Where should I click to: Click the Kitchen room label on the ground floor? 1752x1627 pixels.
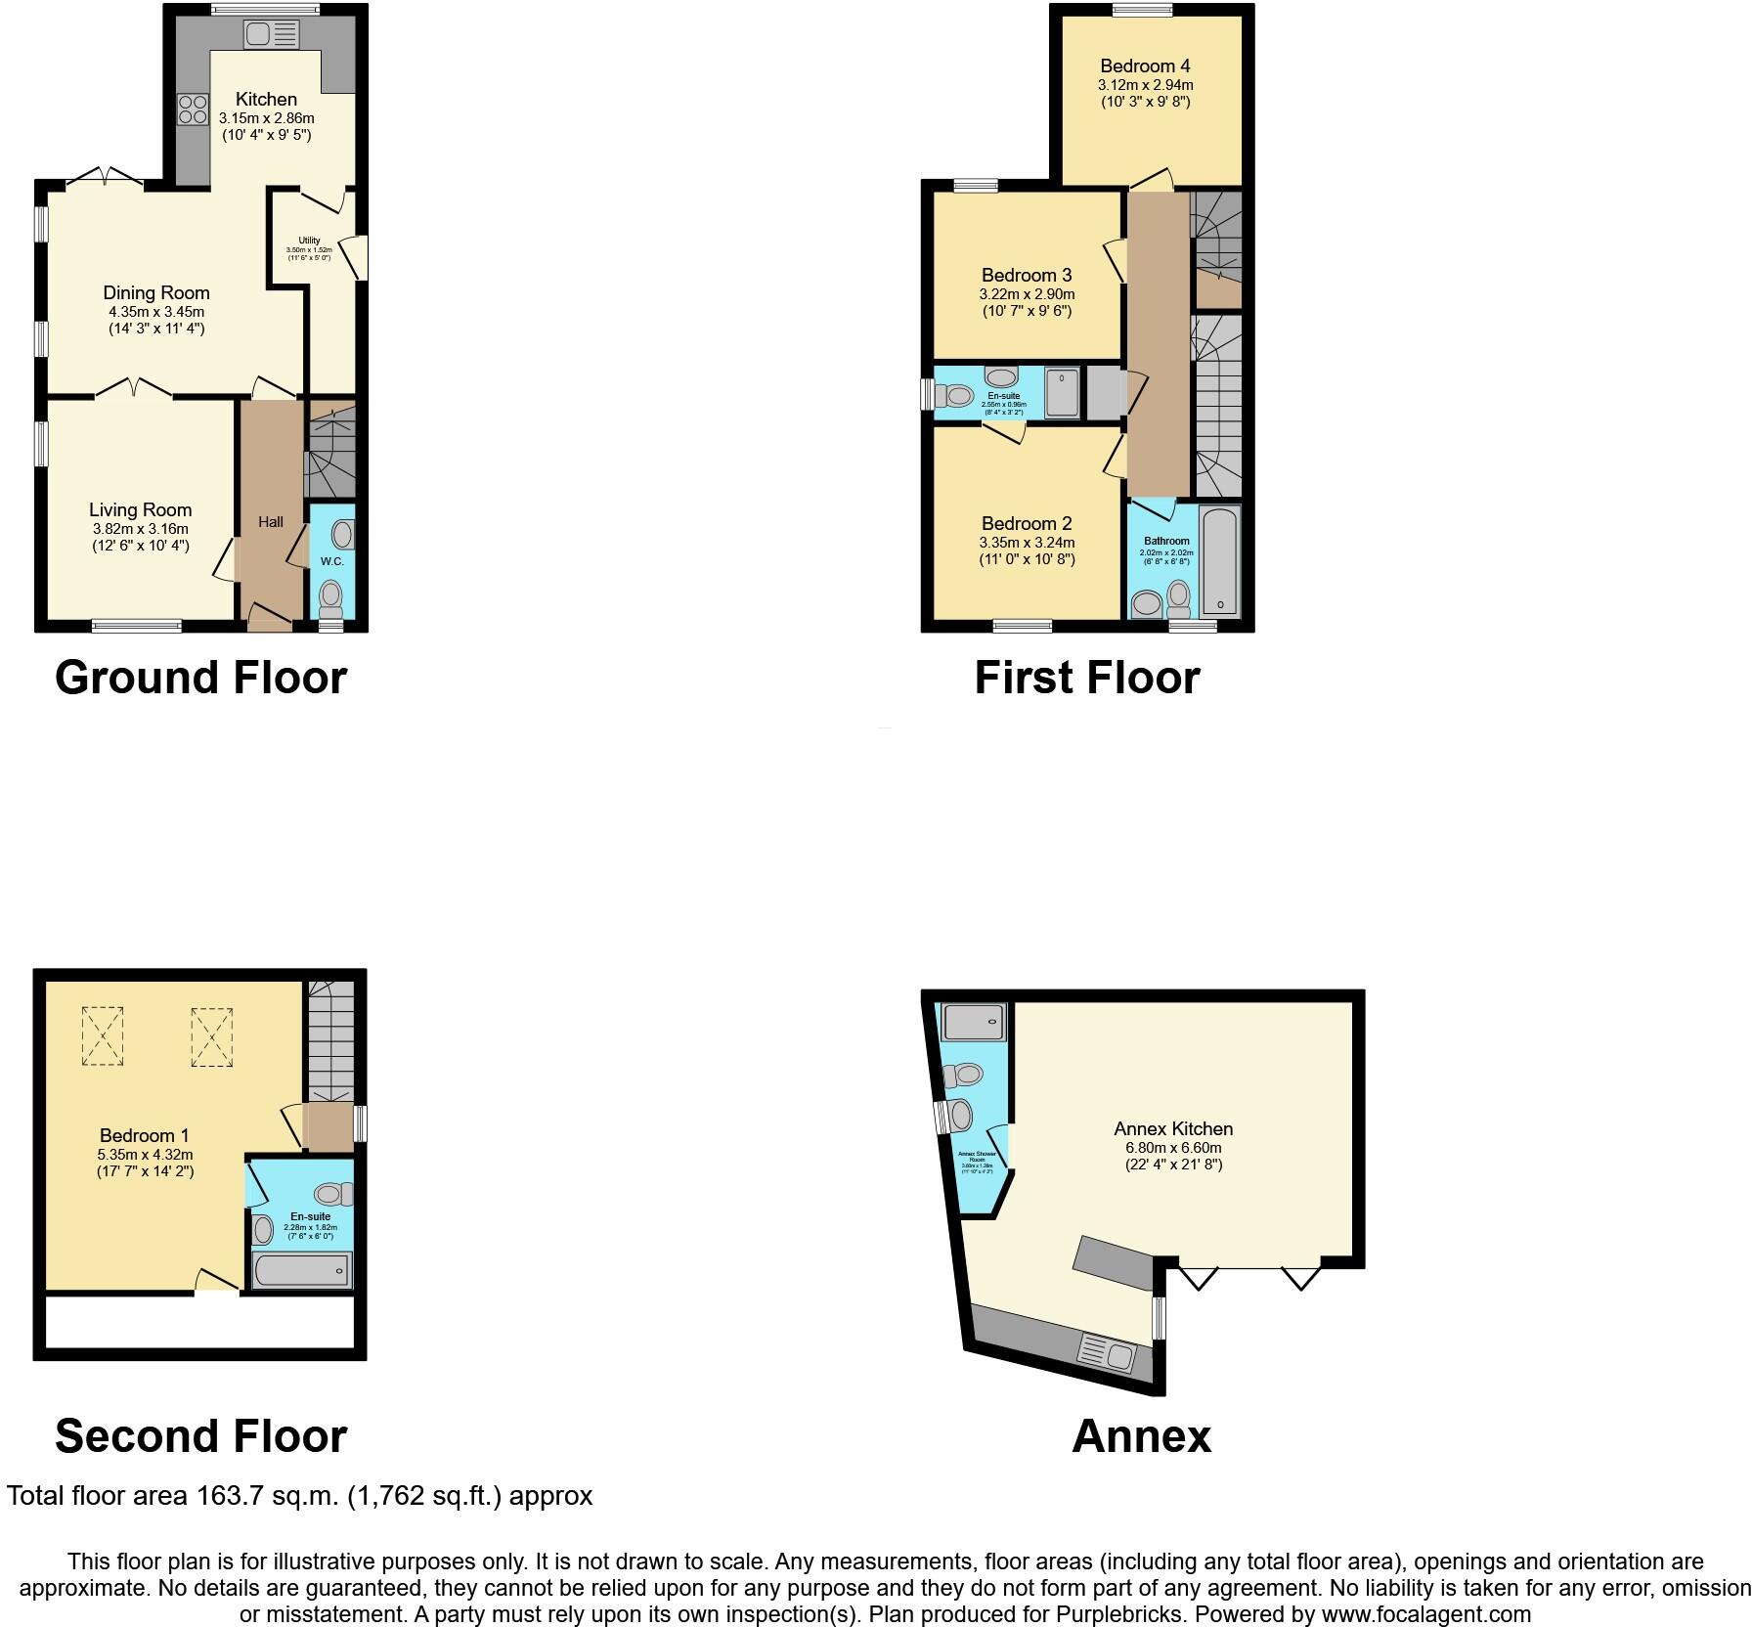click(x=266, y=99)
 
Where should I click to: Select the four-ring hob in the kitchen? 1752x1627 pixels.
click(x=193, y=109)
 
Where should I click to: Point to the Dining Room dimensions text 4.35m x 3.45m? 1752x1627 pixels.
click(x=156, y=311)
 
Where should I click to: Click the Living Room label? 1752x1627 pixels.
click(x=140, y=509)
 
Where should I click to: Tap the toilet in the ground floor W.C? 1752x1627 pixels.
click(x=331, y=595)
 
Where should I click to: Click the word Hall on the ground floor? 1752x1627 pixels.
click(x=271, y=521)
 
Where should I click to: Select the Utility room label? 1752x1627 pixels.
click(x=309, y=240)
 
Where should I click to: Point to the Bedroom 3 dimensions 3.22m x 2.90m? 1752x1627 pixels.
click(x=1027, y=293)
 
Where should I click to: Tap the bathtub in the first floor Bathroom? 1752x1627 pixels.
click(x=1220, y=560)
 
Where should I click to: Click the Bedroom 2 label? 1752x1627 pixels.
click(x=1027, y=523)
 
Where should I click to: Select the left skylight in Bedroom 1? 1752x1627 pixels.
click(x=102, y=1035)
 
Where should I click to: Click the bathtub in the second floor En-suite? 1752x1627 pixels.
click(x=302, y=1269)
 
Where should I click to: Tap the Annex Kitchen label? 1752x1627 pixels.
click(x=1173, y=1128)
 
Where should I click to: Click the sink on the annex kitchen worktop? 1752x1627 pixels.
click(x=1107, y=1354)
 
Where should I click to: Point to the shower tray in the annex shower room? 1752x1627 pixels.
click(x=973, y=1022)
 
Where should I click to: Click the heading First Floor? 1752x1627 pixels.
click(x=1086, y=677)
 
